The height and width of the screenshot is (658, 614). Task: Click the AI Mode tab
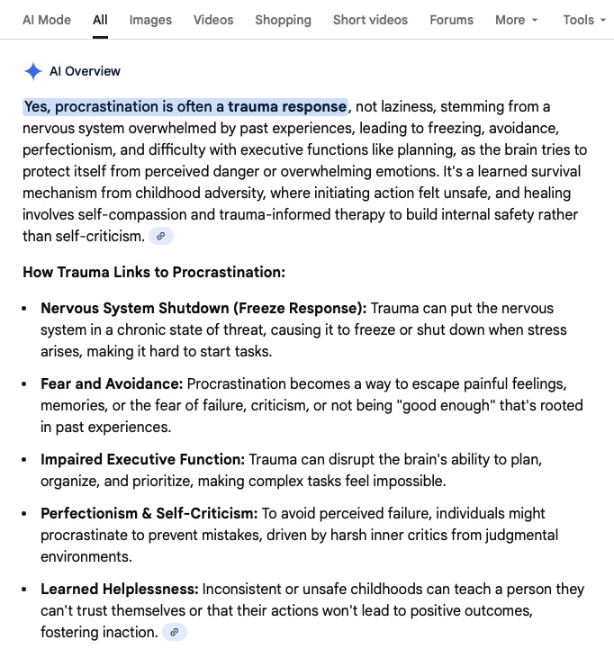tap(46, 19)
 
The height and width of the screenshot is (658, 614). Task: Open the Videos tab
tap(213, 19)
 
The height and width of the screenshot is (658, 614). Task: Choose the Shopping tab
tap(283, 19)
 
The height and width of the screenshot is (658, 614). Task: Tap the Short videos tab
tap(370, 19)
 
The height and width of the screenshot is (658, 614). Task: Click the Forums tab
tap(451, 19)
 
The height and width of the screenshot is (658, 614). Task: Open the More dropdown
tap(516, 19)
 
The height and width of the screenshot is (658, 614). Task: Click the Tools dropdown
tap(583, 19)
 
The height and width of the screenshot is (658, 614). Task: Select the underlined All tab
tap(100, 19)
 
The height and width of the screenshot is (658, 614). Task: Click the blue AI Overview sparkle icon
tap(33, 71)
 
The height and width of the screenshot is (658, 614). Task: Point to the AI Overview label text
tap(85, 71)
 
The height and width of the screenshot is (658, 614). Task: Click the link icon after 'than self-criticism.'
tap(161, 236)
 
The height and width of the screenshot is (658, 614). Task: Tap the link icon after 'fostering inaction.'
tap(174, 632)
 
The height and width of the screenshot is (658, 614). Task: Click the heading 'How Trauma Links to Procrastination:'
tap(154, 272)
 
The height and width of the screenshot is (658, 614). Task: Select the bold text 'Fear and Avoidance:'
tap(112, 383)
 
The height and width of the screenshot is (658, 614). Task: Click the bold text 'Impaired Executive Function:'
tap(142, 459)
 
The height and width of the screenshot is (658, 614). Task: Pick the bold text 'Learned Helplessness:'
tap(119, 589)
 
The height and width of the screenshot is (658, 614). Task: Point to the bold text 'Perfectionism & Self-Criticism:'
tap(149, 513)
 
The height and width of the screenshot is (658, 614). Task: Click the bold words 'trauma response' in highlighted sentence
tap(287, 106)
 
